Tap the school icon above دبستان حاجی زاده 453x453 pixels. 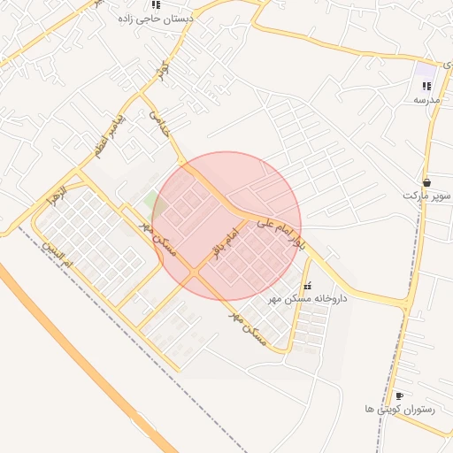click(157, 4)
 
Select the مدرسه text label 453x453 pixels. click(426, 100)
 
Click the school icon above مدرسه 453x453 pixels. click(426, 87)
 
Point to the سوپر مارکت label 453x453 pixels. click(427, 194)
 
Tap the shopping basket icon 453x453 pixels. click(427, 181)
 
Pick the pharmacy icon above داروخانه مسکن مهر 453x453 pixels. click(307, 287)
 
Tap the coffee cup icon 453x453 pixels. click(399, 395)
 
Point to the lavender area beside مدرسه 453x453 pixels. click(426, 70)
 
